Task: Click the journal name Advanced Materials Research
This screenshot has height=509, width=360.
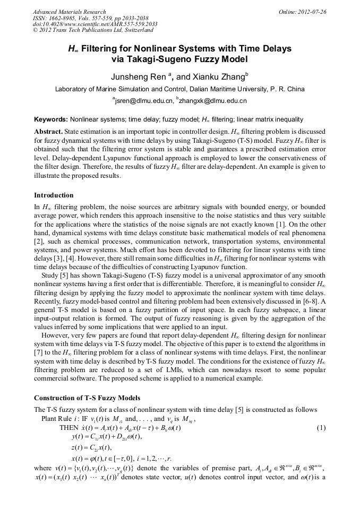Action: [70, 12]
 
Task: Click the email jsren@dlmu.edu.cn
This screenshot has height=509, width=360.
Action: [144, 100]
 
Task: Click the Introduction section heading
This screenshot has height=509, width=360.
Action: [54, 195]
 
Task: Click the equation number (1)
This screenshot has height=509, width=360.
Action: [321, 428]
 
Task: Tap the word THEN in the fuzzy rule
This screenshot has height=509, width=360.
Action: [68, 428]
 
